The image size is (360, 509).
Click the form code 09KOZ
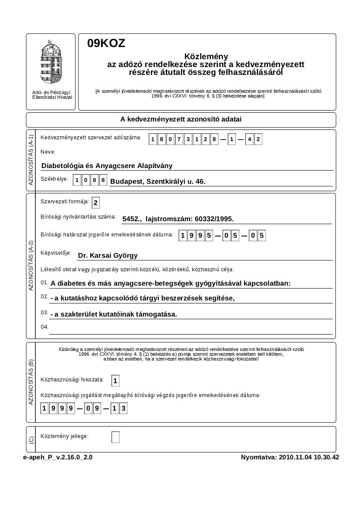106,43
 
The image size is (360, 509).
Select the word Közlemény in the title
206,57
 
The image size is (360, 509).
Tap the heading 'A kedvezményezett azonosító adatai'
181,119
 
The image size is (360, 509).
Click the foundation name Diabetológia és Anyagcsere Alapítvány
107,165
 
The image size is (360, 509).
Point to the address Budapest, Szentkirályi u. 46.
158,181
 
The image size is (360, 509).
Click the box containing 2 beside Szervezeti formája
96,202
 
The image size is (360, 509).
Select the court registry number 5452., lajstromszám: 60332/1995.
178,219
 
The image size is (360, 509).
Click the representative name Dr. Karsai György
108,256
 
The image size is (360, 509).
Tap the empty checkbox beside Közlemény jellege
115,437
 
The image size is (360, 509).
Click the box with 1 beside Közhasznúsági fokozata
115,381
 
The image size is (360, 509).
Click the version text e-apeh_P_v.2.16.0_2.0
58,457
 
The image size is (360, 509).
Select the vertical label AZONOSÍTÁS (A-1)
31,160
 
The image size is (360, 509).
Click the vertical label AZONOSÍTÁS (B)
31,383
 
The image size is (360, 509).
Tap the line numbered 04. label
44,327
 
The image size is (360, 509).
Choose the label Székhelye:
54,179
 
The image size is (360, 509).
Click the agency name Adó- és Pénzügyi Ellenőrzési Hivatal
52,94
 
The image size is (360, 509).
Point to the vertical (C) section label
31,440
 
